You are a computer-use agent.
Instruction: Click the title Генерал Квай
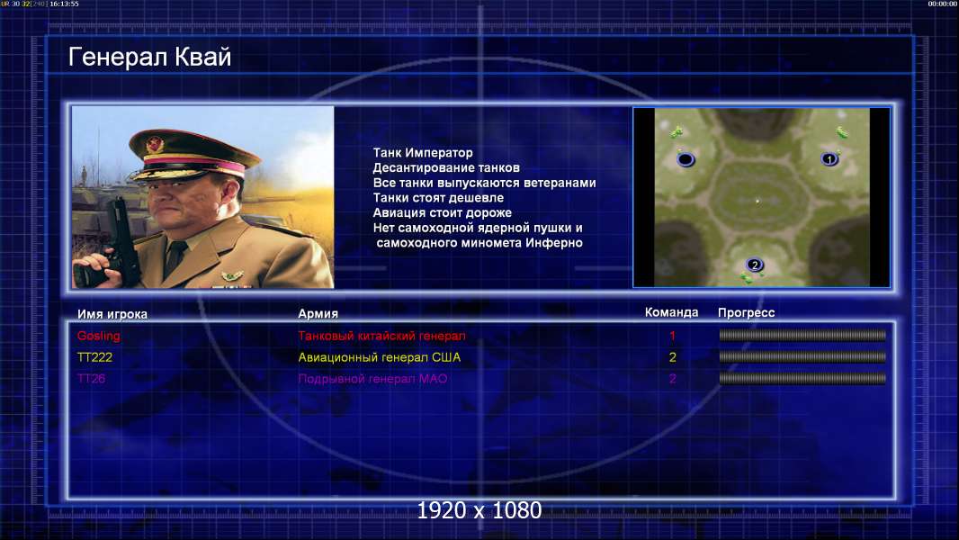pyautogui.click(x=150, y=57)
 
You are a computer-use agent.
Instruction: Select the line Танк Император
pyautogui.click(x=423, y=153)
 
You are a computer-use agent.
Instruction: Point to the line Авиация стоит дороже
pyautogui.click(x=443, y=212)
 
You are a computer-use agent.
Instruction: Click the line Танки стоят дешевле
pyautogui.click(x=438, y=197)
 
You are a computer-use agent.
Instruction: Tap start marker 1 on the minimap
pyautogui.click(x=829, y=159)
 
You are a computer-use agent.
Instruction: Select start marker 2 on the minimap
pyautogui.click(x=755, y=265)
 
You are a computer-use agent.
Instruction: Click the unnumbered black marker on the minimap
pyautogui.click(x=686, y=159)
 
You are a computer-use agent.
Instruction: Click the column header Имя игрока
pyautogui.click(x=112, y=314)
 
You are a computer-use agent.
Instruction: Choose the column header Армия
pyautogui.click(x=318, y=313)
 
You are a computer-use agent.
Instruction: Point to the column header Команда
pyautogui.click(x=671, y=312)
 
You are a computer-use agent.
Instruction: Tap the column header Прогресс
pyautogui.click(x=746, y=312)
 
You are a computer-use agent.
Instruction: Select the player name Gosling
pyautogui.click(x=98, y=336)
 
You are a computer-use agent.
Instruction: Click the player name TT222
pyautogui.click(x=94, y=357)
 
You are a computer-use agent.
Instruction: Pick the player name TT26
pyautogui.click(x=91, y=379)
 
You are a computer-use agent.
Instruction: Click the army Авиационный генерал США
pyautogui.click(x=380, y=357)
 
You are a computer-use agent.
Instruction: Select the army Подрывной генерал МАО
pyautogui.click(x=372, y=379)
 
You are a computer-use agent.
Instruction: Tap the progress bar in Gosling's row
pyautogui.click(x=802, y=335)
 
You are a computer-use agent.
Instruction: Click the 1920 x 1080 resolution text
pyautogui.click(x=479, y=510)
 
